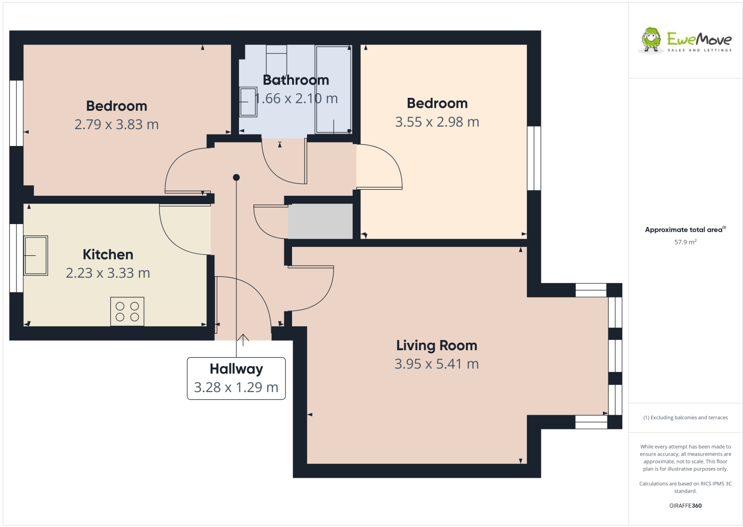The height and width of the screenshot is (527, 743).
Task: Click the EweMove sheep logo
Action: tap(651, 40)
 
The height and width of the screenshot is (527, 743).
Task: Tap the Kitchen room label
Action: tap(108, 254)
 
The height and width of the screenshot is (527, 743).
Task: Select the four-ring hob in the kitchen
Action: tap(127, 311)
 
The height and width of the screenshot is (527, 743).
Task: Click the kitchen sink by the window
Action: tap(36, 255)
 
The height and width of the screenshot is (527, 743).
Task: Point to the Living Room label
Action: tap(436, 345)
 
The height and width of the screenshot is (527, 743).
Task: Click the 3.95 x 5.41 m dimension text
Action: tap(436, 364)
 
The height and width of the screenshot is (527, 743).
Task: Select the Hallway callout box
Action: tap(236, 378)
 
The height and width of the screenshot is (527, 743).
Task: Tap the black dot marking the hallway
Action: tap(236, 177)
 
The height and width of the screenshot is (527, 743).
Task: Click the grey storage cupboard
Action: tap(320, 221)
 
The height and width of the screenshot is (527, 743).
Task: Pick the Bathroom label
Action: tap(296, 80)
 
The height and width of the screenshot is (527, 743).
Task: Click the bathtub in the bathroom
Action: tap(333, 89)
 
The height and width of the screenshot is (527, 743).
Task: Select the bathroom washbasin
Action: tap(248, 102)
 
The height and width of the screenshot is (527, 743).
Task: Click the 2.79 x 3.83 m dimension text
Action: tap(116, 125)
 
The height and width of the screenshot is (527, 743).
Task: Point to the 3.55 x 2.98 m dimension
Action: tap(437, 122)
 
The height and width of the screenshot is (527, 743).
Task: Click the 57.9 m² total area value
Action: tap(685, 242)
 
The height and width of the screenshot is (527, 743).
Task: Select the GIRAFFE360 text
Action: tap(685, 506)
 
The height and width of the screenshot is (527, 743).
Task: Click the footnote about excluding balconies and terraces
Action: tap(685, 418)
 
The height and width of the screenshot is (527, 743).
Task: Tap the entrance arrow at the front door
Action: tap(243, 340)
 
